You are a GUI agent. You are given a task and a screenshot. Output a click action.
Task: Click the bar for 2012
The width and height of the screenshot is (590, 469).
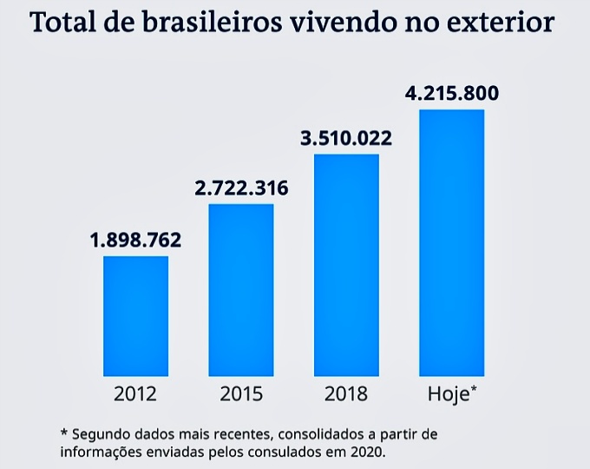(135, 315)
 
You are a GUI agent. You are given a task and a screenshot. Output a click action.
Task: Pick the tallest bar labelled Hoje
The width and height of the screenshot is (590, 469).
(451, 242)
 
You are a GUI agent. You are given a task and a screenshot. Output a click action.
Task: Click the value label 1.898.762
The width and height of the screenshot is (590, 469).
(135, 241)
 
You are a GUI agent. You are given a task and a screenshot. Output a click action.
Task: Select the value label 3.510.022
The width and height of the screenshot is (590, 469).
(346, 137)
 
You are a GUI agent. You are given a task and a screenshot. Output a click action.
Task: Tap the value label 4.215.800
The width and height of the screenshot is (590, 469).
(452, 93)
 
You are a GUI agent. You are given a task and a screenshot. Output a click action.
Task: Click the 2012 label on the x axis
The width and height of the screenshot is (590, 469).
(135, 394)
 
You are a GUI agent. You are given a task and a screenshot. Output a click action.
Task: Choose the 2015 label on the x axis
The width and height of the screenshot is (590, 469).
(241, 394)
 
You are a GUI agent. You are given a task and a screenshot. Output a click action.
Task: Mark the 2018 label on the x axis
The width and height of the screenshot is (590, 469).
(346, 394)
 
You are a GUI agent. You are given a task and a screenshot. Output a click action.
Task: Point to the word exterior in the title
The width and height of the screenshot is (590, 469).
(506, 23)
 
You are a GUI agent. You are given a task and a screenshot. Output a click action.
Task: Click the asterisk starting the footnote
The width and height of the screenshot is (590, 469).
(63, 432)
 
